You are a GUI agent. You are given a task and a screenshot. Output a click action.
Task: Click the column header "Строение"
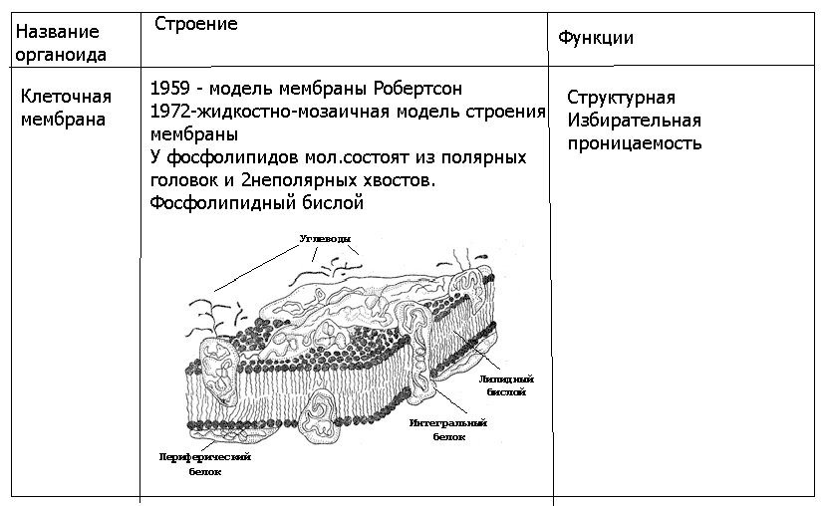(196, 24)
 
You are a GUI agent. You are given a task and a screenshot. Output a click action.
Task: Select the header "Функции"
(596, 38)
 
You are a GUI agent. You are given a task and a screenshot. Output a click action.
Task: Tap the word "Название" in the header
(58, 32)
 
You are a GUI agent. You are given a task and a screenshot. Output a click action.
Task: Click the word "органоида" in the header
(62, 55)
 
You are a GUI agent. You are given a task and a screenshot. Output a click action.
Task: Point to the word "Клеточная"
(66, 97)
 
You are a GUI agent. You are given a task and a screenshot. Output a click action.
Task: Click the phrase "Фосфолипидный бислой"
(256, 203)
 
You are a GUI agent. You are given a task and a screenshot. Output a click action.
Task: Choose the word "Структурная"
(621, 98)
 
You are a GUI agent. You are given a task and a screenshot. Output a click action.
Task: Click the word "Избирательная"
(634, 121)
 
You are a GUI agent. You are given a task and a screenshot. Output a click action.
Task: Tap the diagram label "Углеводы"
(324, 239)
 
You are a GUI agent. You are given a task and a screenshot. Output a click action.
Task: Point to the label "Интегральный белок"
(448, 429)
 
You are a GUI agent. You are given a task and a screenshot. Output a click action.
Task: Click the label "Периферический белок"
(204, 463)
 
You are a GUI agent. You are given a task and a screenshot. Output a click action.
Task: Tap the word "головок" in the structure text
(184, 180)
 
